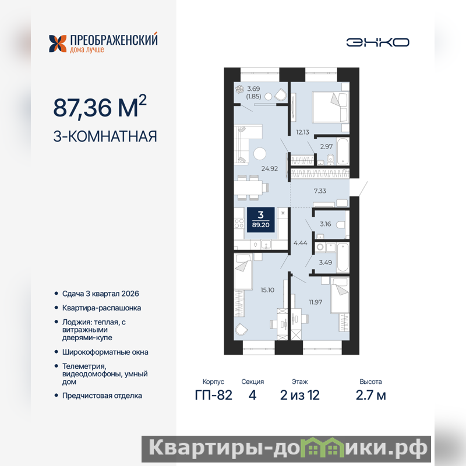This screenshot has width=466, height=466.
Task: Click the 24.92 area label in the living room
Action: pyautogui.click(x=270, y=168)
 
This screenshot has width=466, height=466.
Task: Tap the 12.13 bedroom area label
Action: pyautogui.click(x=302, y=132)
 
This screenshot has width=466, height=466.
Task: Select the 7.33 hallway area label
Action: pyautogui.click(x=320, y=191)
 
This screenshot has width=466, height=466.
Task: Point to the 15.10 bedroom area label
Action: pyautogui.click(x=267, y=290)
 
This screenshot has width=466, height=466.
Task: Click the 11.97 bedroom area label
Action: pyautogui.click(x=315, y=302)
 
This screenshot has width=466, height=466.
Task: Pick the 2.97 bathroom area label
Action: pyautogui.click(x=326, y=147)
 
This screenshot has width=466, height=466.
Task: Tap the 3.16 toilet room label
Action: pyautogui.click(x=326, y=224)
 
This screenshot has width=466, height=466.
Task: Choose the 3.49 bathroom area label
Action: pyautogui.click(x=326, y=263)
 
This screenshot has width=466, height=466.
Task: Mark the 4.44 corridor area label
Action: pyautogui.click(x=300, y=243)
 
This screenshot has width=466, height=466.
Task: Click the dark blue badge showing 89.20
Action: pyautogui.click(x=260, y=220)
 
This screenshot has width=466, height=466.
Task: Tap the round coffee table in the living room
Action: pyautogui.click(x=260, y=154)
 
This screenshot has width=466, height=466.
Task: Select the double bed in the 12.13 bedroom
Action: pyautogui.click(x=330, y=107)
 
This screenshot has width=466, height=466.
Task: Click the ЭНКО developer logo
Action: pyautogui.click(x=377, y=42)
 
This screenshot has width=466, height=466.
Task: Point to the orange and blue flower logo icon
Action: pyautogui.click(x=58, y=43)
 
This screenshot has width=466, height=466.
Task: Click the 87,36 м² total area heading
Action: pyautogui.click(x=100, y=107)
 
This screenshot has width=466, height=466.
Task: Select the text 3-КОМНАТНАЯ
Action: pyautogui.click(x=105, y=136)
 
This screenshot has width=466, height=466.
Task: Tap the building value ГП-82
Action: pyautogui.click(x=213, y=395)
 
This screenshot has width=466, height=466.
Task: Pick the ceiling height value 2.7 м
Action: pyautogui.click(x=370, y=396)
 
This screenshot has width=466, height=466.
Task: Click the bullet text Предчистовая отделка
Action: pyautogui.click(x=102, y=396)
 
